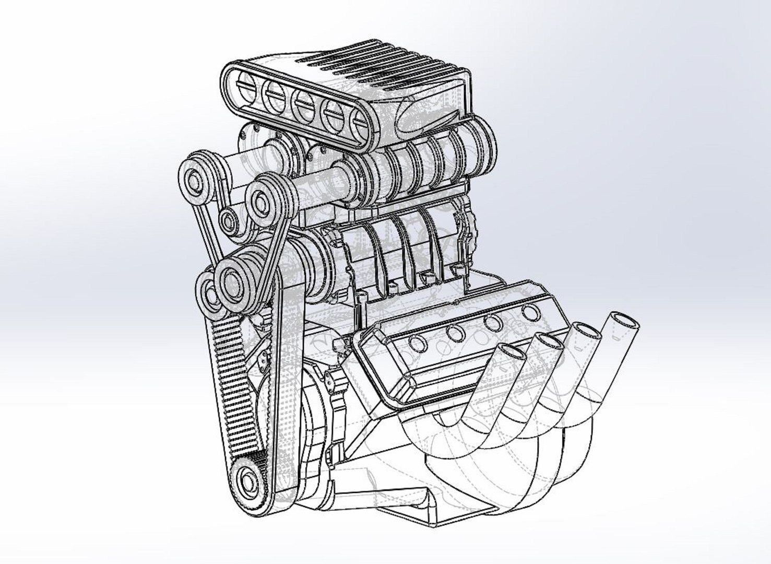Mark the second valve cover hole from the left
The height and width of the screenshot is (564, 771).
tap(455, 333)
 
